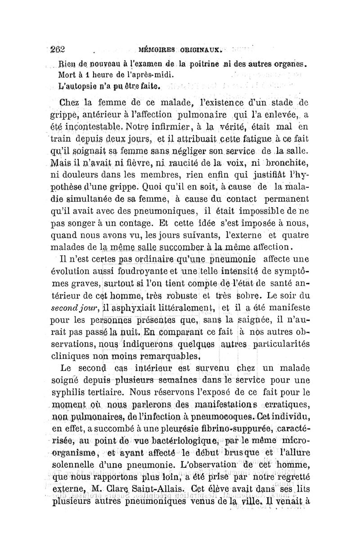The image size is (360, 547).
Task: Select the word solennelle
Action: pyautogui.click(x=78, y=460)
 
